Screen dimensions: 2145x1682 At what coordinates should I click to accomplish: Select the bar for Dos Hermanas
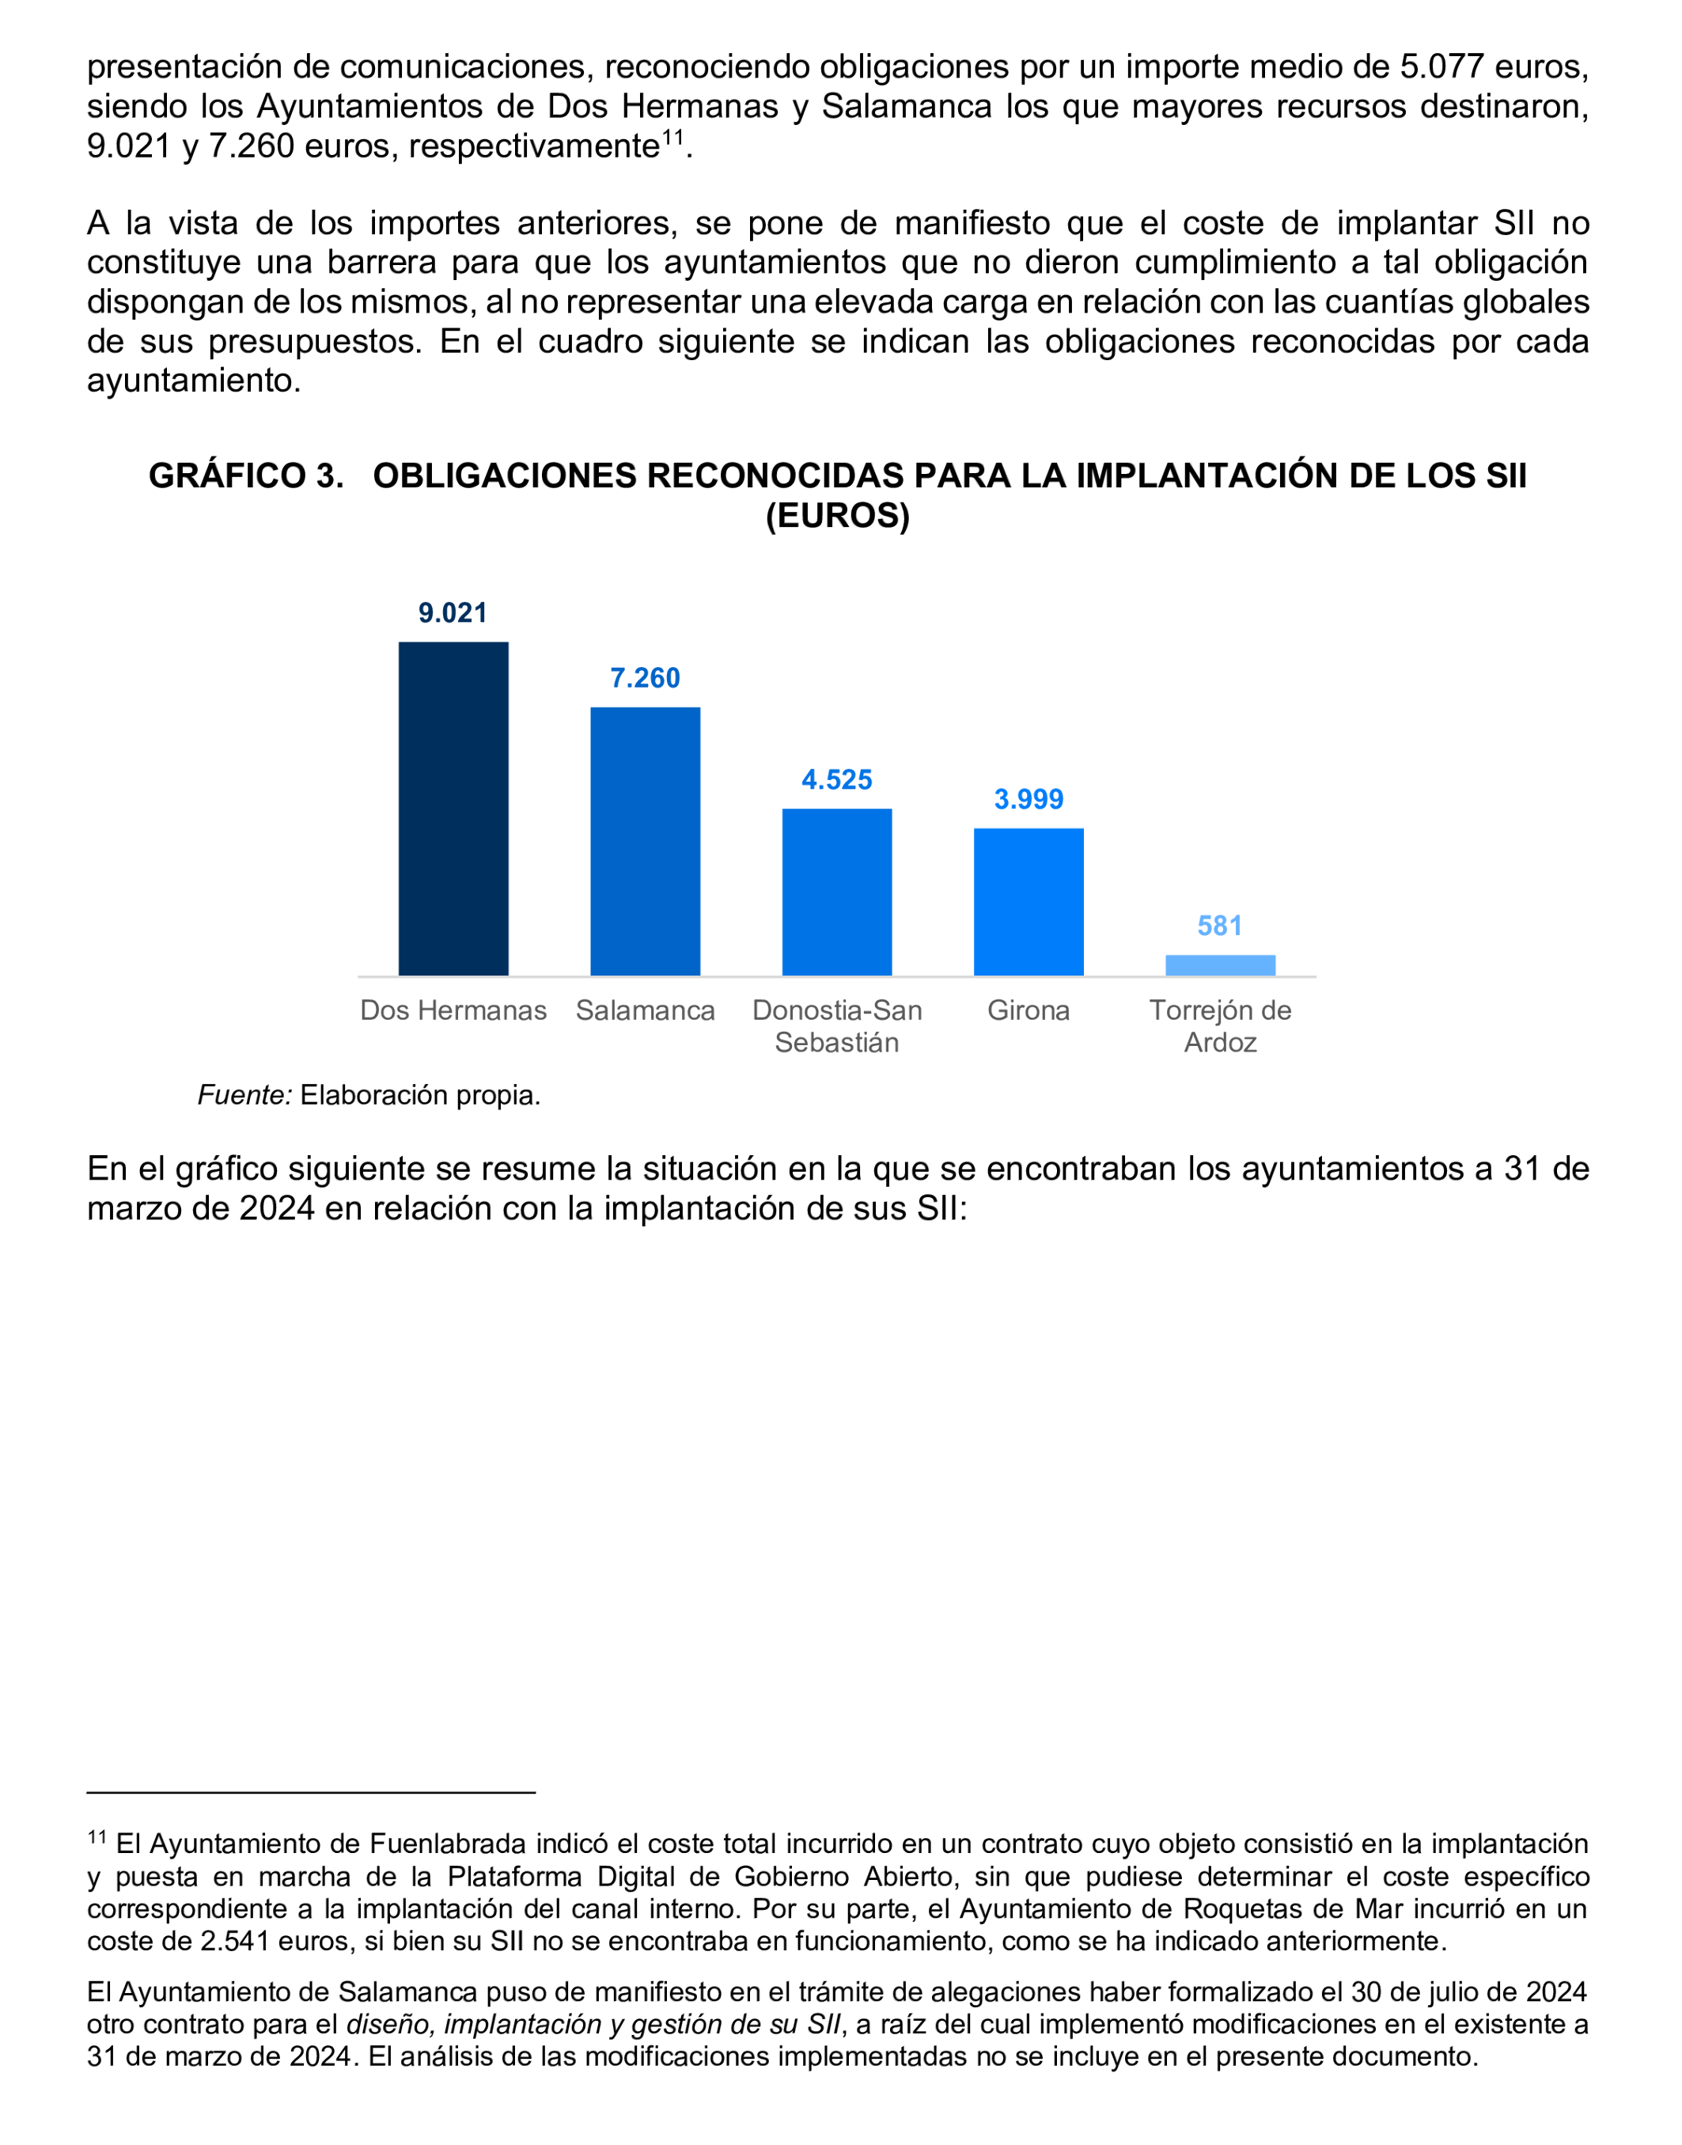pos(453,809)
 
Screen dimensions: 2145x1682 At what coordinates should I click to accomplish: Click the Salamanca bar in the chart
pos(645,841)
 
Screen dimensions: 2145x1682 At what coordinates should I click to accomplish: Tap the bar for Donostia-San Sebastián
pos(837,892)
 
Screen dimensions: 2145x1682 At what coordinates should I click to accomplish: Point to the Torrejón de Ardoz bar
pos(1220,965)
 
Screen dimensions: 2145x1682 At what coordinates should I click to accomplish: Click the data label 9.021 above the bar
pos(453,612)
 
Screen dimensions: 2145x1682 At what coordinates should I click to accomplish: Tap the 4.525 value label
pos(837,780)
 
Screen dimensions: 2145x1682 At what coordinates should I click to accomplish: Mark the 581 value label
pos(1219,926)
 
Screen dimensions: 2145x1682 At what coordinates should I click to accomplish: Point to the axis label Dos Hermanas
pos(453,1010)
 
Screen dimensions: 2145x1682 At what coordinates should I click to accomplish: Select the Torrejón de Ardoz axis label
pos(1220,1026)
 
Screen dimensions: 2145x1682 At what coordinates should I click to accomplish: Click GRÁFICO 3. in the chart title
pos(246,476)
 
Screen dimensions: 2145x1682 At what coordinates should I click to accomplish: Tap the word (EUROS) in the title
pos(838,515)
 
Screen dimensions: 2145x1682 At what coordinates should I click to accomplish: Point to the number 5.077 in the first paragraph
pos(1441,67)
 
